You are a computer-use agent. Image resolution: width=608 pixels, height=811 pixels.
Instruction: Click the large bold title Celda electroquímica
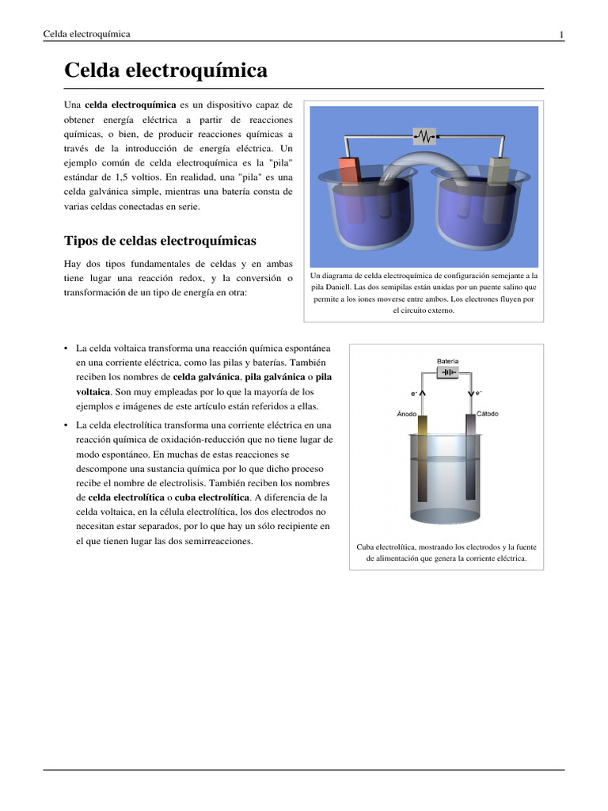165,70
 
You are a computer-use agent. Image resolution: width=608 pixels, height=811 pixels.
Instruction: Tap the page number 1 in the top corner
560,34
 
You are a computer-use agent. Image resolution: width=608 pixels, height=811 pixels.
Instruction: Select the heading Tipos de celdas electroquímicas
160,240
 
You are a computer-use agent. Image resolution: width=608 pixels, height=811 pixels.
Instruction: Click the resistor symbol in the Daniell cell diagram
425,137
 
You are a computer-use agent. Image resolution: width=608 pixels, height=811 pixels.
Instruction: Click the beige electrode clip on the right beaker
500,169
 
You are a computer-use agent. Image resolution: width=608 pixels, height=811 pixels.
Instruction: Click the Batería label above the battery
447,360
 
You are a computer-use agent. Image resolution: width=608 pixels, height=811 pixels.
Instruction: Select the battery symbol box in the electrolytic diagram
447,373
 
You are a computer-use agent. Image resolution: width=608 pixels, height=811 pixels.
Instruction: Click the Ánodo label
407,413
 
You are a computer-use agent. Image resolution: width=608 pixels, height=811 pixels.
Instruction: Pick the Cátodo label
487,413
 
